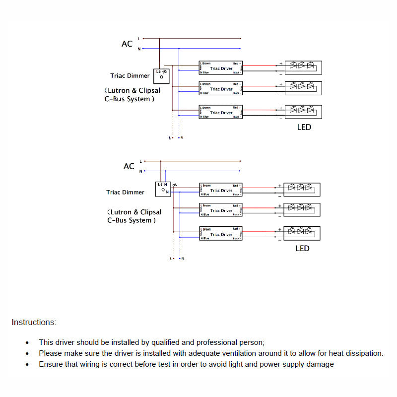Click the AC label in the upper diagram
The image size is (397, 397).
(127, 44)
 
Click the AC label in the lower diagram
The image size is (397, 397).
(129, 166)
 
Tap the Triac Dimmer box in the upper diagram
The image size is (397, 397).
(162, 75)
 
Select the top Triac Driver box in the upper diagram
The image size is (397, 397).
(221, 68)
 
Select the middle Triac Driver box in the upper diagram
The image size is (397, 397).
(221, 89)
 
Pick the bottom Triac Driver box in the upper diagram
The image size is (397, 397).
(221, 112)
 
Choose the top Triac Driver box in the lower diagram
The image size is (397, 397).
(221, 190)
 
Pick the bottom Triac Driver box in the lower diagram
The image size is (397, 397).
(221, 234)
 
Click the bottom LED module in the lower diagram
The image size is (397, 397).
(302, 233)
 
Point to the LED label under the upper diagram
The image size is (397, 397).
(304, 128)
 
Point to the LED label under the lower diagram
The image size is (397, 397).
(302, 248)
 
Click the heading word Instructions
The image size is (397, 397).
(34, 323)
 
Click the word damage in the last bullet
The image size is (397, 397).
(321, 364)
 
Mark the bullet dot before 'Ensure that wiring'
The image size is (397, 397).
(27, 365)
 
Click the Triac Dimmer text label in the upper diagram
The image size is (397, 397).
(130, 76)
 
